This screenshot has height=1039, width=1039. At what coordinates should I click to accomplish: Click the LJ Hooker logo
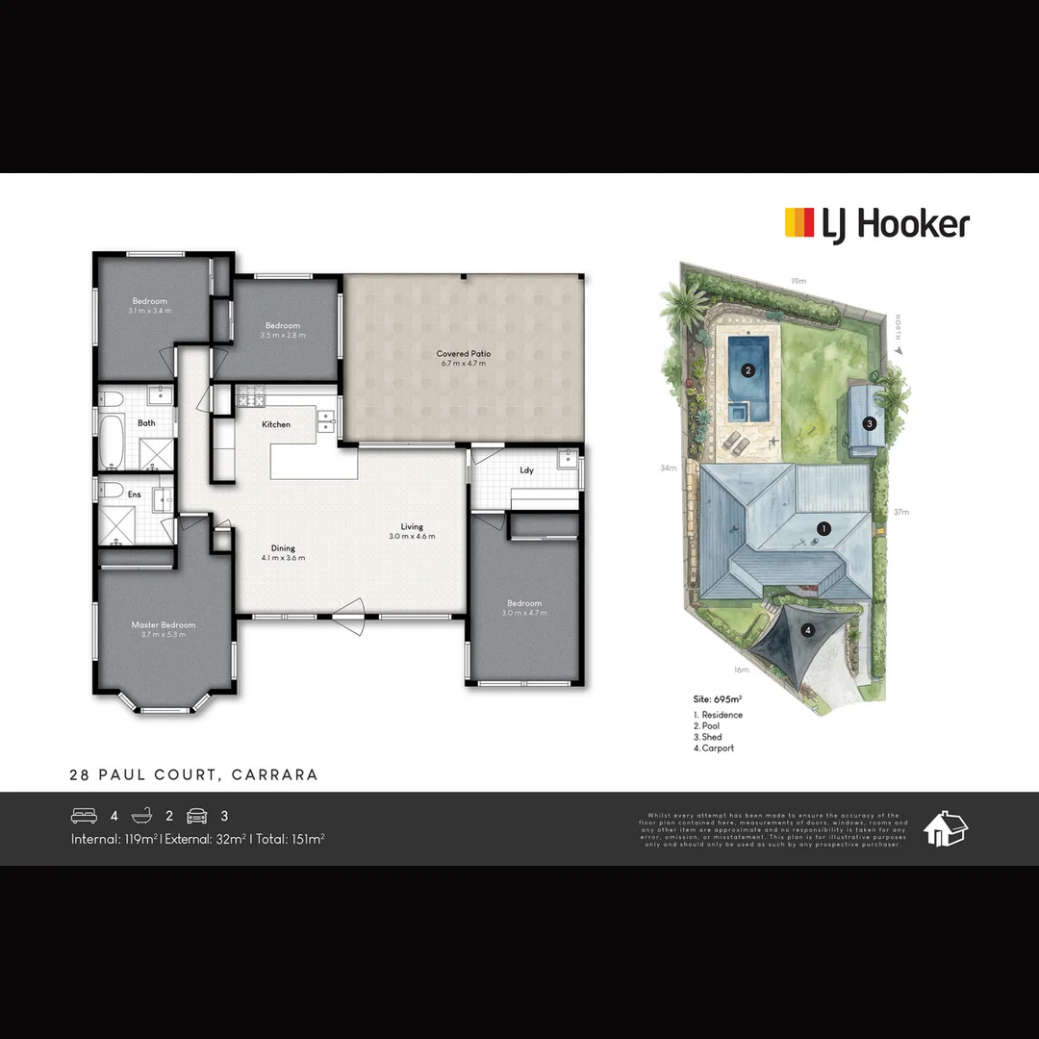(876, 224)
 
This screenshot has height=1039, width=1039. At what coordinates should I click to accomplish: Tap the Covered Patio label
(464, 354)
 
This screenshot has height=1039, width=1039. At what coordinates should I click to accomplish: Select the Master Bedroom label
(164, 625)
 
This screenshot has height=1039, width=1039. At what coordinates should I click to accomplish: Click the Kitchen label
(276, 424)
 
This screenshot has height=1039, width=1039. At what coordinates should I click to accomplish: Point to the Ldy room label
(526, 470)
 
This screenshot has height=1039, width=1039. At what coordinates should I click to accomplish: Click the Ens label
(135, 494)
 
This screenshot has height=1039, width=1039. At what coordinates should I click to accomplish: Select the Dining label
(283, 548)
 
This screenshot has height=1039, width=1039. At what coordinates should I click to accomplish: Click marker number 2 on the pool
(748, 369)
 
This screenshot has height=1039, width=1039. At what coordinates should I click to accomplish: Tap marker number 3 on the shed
(869, 422)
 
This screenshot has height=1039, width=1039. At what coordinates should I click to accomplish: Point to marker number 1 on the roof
(824, 528)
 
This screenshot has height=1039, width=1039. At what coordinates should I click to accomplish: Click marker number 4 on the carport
(808, 631)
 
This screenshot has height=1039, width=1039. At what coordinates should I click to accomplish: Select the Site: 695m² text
(718, 699)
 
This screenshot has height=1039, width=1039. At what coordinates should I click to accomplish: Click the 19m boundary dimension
(798, 281)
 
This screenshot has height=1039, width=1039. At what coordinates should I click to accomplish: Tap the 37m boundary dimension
(900, 512)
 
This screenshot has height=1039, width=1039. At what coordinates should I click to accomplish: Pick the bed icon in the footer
(85, 816)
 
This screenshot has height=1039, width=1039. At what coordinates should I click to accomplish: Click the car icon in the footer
(196, 816)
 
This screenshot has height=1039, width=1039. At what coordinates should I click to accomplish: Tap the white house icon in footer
(946, 828)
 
